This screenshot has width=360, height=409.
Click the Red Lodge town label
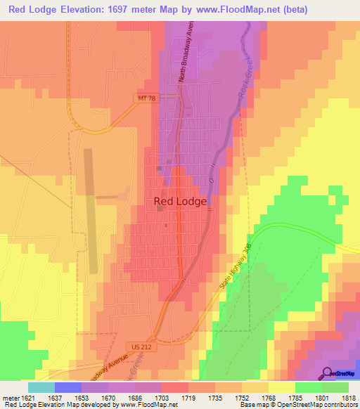tap(180, 202)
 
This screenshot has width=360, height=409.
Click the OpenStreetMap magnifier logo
tap(326, 373)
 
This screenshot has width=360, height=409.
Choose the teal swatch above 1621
tap(41, 387)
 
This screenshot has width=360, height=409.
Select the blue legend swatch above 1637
tap(67, 387)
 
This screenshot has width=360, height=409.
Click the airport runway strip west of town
tap(91, 211)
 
